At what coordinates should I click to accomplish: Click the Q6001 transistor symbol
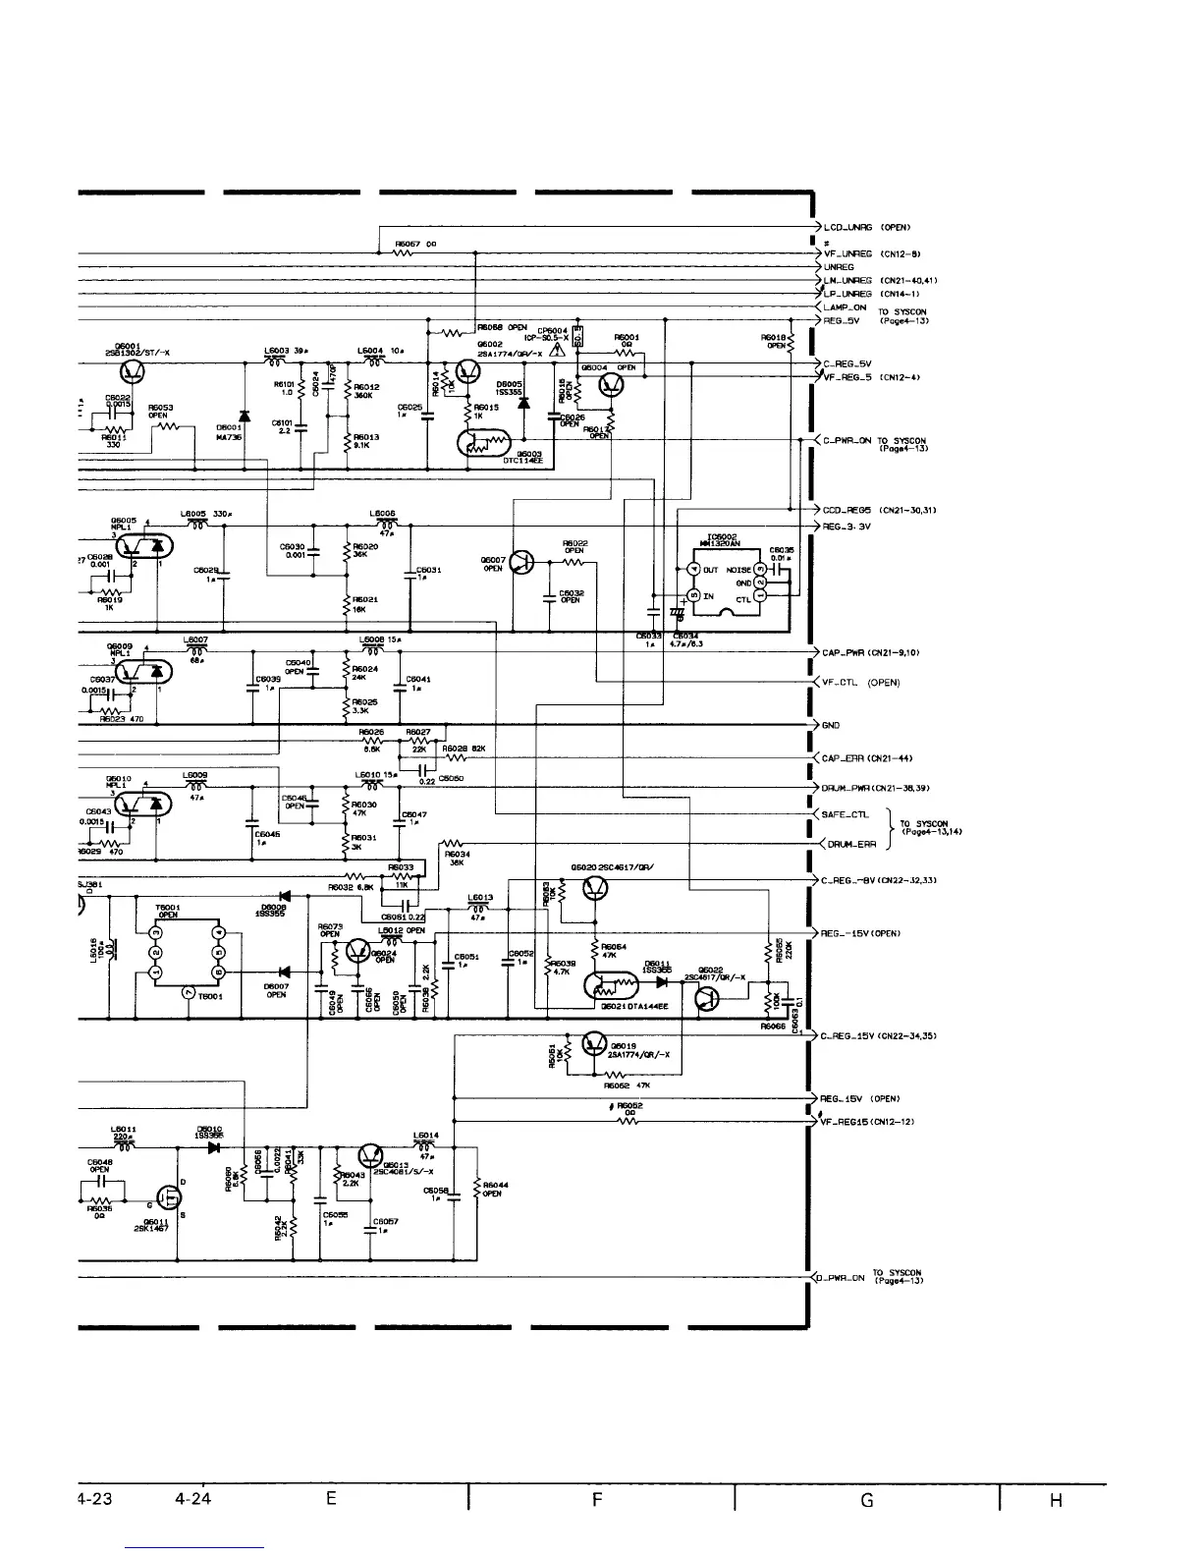pos(132,370)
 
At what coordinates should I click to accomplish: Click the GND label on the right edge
pos(830,726)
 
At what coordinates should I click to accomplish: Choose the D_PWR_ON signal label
pos(843,1279)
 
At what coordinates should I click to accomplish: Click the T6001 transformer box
pos(187,952)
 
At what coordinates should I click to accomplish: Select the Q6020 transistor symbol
pos(595,889)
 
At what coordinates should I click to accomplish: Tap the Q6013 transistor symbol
pos(370,1156)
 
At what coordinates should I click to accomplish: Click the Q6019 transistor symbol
pos(595,1043)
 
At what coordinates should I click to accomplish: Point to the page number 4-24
pos(193,1500)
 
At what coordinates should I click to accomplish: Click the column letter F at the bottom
pos(598,1500)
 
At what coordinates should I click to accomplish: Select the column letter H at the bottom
pos(1056,1500)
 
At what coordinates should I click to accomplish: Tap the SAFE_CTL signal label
pos(846,814)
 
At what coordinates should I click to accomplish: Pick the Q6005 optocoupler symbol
pos(146,542)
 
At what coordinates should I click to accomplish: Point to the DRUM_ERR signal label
pos(849,844)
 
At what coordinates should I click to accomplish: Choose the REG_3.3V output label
pos(847,527)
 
